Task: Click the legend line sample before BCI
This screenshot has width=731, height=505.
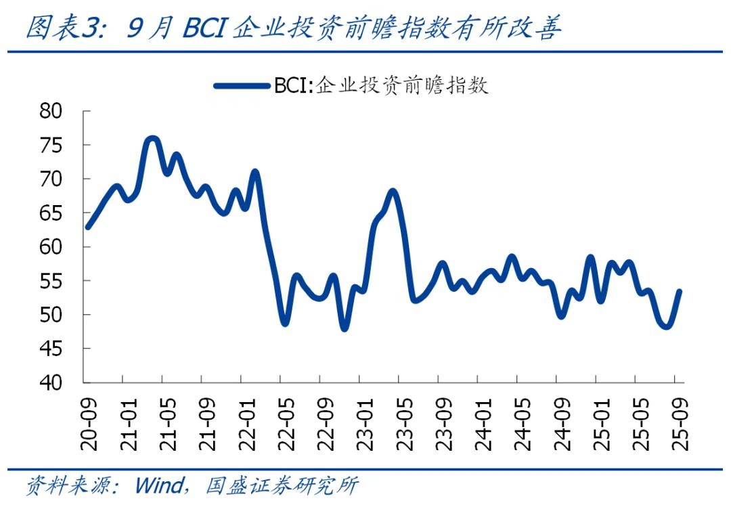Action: click(x=242, y=86)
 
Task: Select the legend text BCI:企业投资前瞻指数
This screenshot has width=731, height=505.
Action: click(x=380, y=86)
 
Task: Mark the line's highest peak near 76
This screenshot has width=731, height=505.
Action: click(x=152, y=139)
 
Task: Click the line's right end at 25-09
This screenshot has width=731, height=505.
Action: click(x=679, y=292)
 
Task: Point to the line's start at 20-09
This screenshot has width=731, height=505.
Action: click(x=87, y=227)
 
